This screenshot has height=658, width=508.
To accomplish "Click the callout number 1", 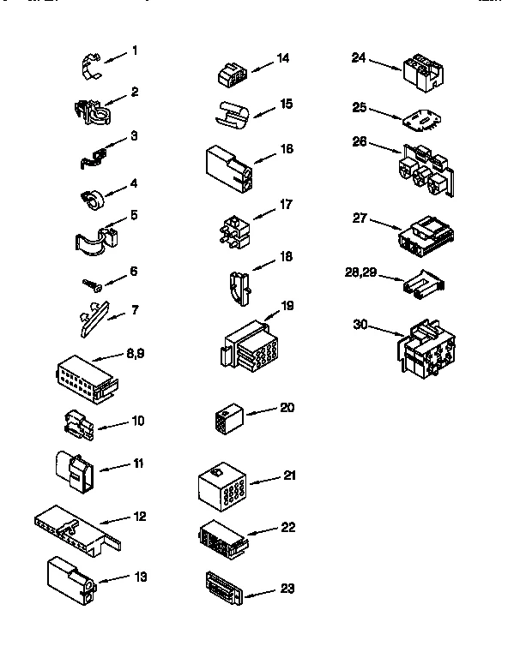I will (x=134, y=51).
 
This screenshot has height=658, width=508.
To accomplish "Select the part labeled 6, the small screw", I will (x=92, y=280).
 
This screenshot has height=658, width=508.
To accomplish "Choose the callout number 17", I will (x=287, y=205).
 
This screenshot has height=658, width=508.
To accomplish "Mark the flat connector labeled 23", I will (x=225, y=586).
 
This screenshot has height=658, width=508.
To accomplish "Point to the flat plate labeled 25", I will (x=419, y=119).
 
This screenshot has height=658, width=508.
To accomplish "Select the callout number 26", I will (x=360, y=141).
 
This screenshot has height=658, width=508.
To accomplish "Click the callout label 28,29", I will (x=360, y=273).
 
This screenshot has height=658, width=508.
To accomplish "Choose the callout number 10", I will (x=138, y=421).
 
